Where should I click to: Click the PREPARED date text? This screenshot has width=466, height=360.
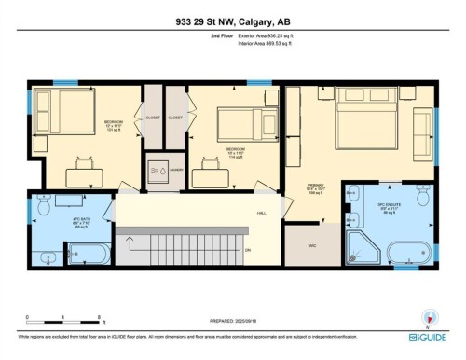tap(233, 322)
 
